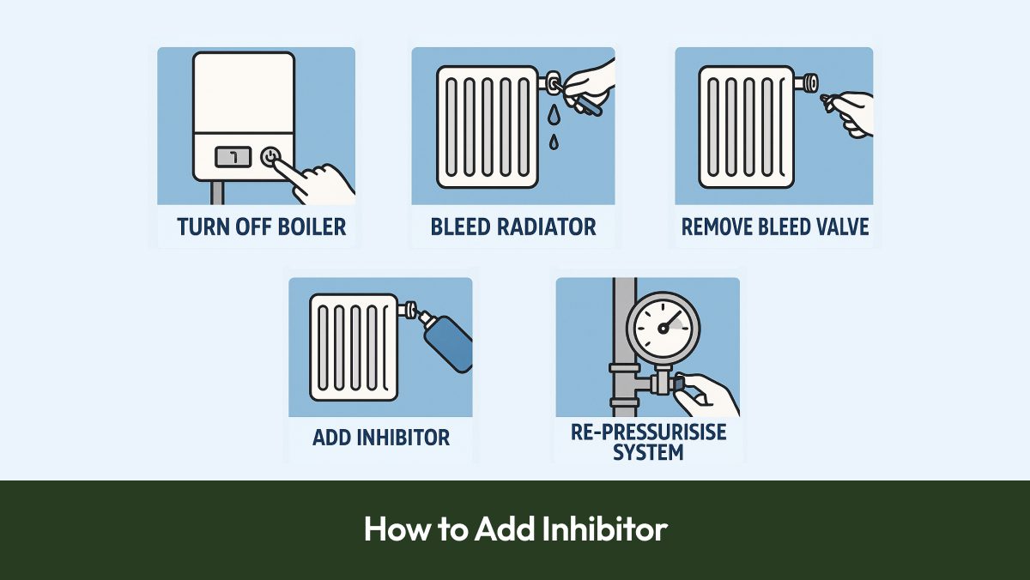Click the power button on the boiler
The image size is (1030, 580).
click(270, 157)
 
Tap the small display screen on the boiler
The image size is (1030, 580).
click(233, 157)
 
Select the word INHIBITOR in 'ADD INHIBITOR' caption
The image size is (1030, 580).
click(404, 437)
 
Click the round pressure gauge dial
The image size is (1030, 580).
click(663, 327)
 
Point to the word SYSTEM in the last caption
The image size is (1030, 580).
click(648, 452)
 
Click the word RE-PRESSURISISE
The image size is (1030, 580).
click(648, 432)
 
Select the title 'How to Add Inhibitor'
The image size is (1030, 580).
click(515, 529)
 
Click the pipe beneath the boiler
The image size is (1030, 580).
click(217, 193)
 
